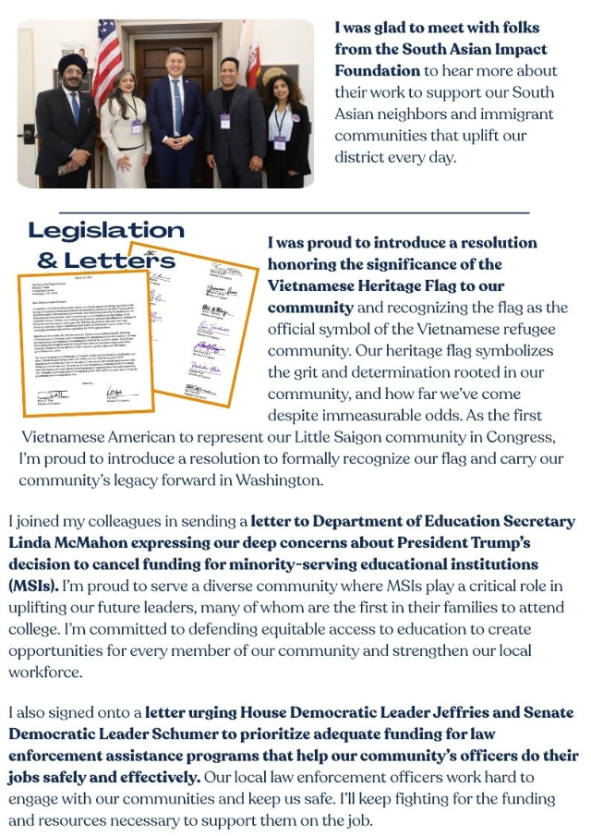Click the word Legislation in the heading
[x=106, y=231]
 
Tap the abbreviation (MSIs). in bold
[x=33, y=584]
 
